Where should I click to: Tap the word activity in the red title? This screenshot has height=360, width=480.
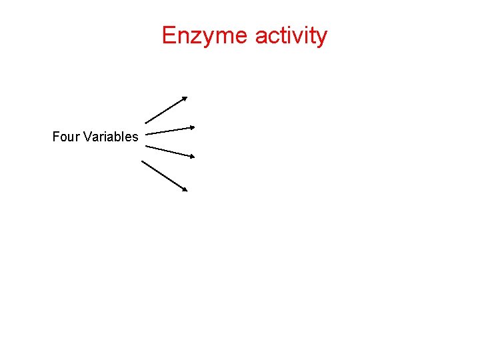291,35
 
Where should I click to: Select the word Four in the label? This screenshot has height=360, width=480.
66,137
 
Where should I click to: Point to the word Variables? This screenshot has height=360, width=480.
111,137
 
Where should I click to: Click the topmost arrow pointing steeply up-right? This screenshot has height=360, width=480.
166,110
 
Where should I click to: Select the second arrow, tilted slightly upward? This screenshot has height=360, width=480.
170,130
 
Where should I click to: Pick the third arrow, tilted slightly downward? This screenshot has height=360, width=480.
170,151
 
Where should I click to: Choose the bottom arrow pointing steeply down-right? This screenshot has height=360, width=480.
165,176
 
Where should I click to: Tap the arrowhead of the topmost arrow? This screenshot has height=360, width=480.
185,98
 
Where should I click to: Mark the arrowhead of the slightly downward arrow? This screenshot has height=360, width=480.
192,157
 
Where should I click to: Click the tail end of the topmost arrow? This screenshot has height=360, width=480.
146,123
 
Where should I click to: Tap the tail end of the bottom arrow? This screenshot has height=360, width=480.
143,161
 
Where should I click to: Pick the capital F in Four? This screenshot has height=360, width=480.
56,137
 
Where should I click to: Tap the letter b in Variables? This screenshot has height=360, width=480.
116,137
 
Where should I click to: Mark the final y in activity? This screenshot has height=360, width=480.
321,38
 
